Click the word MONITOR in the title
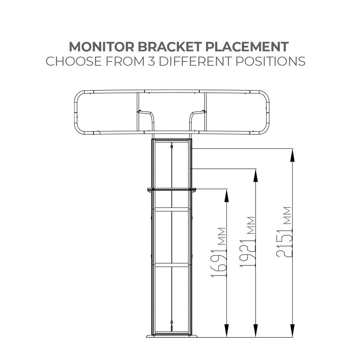(102, 47)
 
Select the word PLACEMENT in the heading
(247, 47)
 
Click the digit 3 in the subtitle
(152, 61)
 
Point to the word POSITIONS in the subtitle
(270, 61)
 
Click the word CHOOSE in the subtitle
(73, 61)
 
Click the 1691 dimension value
(219, 264)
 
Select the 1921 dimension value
(248, 253)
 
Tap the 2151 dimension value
(284, 243)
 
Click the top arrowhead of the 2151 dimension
(292, 155)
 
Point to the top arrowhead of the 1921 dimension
(256, 175)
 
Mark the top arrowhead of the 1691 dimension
(227, 195)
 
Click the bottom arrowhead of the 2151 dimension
(292, 330)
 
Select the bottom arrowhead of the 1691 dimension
(227, 330)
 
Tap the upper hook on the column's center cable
(172, 146)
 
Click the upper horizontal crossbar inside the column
(172, 209)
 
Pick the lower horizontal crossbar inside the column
(172, 265)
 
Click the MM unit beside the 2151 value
(287, 216)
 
